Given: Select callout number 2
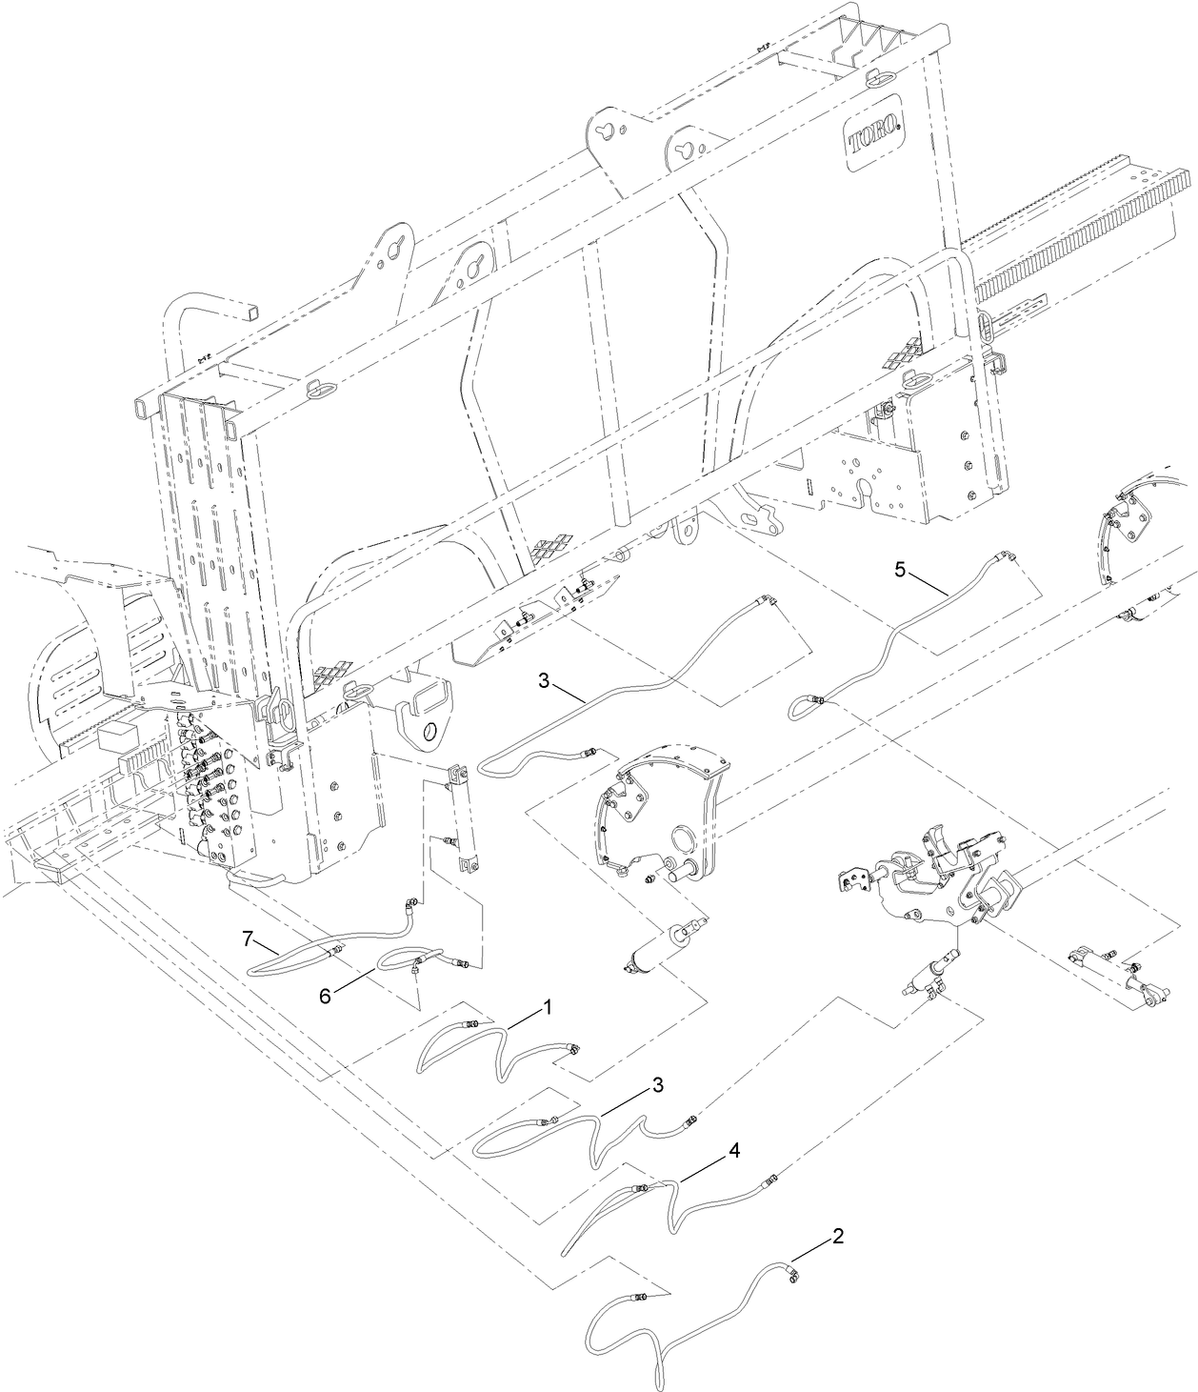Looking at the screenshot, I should pyautogui.click(x=837, y=1236).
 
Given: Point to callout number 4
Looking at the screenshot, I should pyautogui.click(x=733, y=1150).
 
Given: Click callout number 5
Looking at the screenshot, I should pyautogui.click(x=900, y=570).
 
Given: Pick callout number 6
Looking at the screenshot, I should pyautogui.click(x=325, y=994).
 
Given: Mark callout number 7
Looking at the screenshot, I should pyautogui.click(x=248, y=938).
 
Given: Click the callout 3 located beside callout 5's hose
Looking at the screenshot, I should pyautogui.click(x=543, y=680).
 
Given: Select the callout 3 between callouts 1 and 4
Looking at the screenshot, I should pyautogui.click(x=657, y=1085).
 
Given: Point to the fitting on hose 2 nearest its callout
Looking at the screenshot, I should pyautogui.click(x=789, y=1272).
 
